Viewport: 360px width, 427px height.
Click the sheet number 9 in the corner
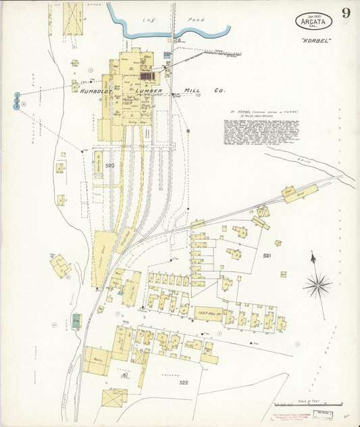(345, 13)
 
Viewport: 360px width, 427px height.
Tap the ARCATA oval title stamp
(313, 21)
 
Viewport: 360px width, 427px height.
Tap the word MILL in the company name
(195, 91)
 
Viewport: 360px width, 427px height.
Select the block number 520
(109, 166)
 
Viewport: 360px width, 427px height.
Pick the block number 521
(266, 256)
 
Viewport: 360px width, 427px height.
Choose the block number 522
(182, 382)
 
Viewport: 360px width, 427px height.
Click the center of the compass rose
(317, 284)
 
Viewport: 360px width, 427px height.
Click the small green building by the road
(76, 321)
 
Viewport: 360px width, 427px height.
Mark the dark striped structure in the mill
(147, 77)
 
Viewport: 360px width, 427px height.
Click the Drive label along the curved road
(305, 160)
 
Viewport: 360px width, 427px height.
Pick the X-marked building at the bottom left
(114, 397)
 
